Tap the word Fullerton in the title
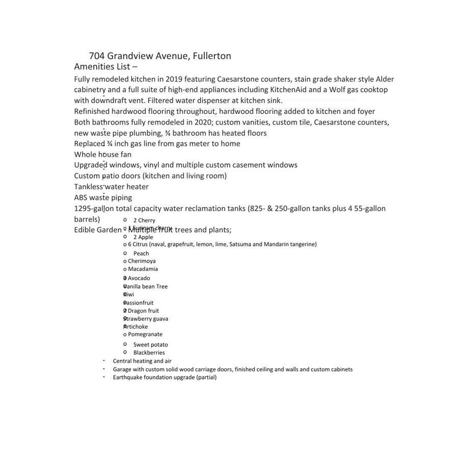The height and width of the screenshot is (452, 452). pyautogui.click(x=212, y=56)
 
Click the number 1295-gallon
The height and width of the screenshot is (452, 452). pyautogui.click(x=94, y=209)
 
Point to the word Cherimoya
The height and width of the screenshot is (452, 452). pyautogui.click(x=142, y=261)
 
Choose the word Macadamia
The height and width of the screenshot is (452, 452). pyautogui.click(x=143, y=269)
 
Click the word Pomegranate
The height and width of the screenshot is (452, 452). pyautogui.click(x=145, y=335)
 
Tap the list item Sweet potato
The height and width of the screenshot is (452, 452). pyautogui.click(x=150, y=345)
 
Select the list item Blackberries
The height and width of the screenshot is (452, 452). pyautogui.click(x=149, y=353)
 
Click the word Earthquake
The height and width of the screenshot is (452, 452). pyautogui.click(x=128, y=378)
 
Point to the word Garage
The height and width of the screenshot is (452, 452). pyautogui.click(x=121, y=369)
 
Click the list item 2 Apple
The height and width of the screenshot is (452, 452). pyautogui.click(x=143, y=237)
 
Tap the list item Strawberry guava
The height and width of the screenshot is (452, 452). pyautogui.click(x=146, y=319)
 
